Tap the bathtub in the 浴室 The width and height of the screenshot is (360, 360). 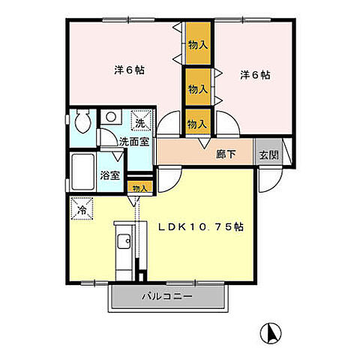(82, 172)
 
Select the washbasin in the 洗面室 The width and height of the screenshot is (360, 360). (111, 117)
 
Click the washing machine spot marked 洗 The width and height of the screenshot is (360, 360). (142, 120)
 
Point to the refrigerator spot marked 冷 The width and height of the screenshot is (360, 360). (82, 208)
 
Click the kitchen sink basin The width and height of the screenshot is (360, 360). (124, 241)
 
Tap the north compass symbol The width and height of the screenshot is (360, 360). (271, 334)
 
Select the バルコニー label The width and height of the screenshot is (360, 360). (167, 297)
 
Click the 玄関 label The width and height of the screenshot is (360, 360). (268, 155)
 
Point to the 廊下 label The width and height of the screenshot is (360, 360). (226, 154)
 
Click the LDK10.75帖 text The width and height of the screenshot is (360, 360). (200, 226)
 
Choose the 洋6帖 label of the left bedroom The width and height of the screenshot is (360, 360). (129, 70)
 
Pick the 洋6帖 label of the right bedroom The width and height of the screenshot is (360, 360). (255, 75)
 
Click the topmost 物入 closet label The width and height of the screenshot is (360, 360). (198, 45)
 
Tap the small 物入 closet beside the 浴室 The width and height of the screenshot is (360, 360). (139, 188)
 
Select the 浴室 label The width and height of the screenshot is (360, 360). (110, 175)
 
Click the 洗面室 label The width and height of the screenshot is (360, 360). (134, 142)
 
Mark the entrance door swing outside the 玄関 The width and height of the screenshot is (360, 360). (271, 180)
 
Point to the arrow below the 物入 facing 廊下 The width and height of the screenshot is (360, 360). (205, 144)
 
